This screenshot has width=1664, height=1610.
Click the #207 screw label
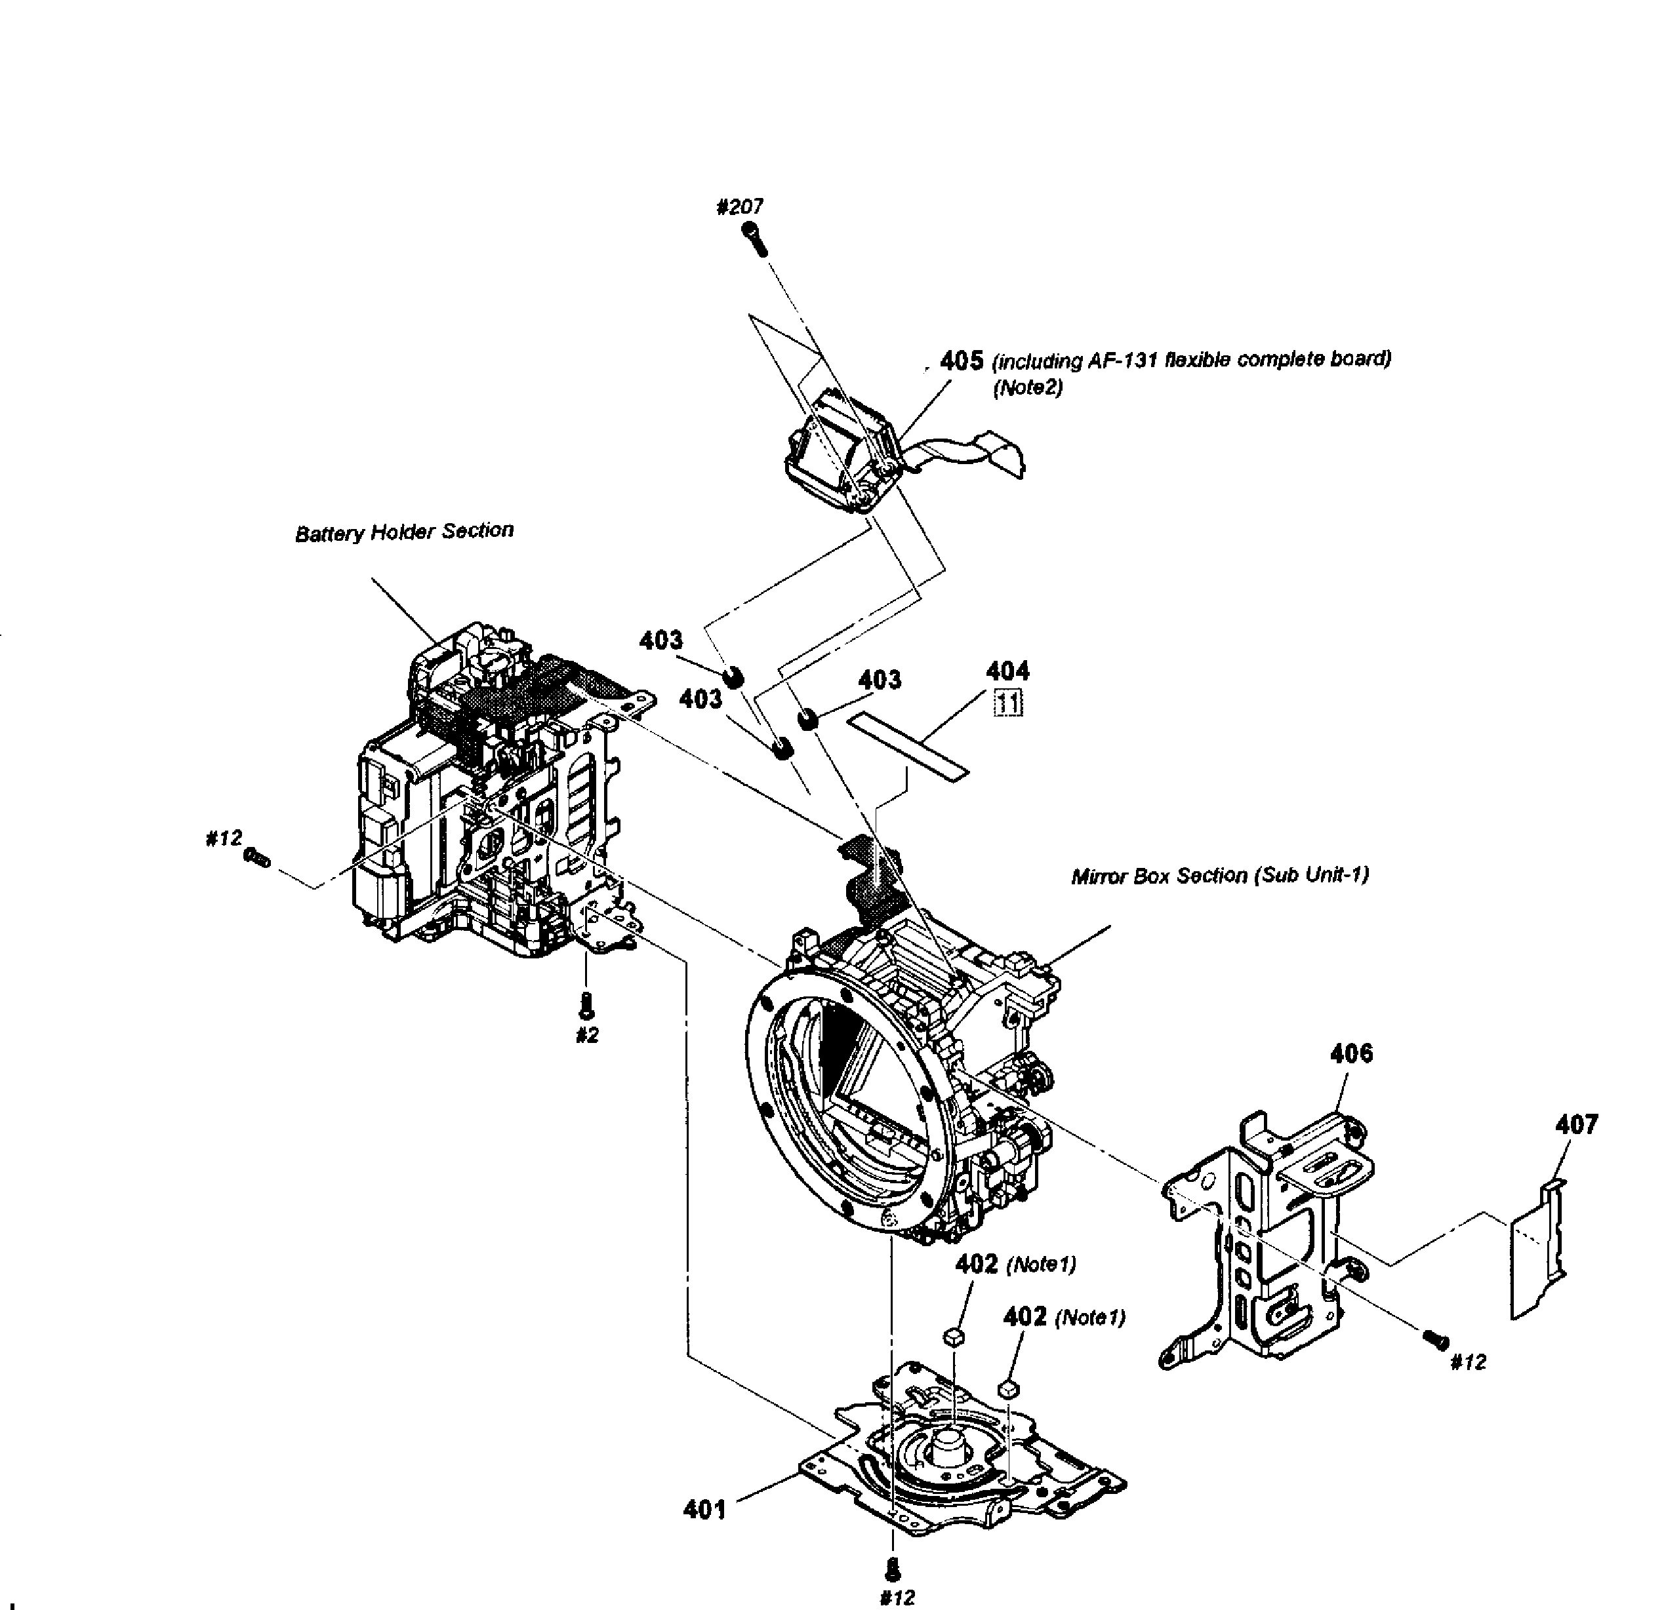pos(739,206)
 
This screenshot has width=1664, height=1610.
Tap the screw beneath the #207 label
pos(755,239)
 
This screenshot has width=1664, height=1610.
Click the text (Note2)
pos(1027,388)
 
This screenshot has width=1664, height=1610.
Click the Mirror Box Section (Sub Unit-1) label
pos(1219,875)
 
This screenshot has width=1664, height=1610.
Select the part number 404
pos(1007,671)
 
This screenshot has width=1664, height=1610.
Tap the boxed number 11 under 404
pos(1009,703)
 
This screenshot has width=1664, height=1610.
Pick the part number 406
pos(1350,1053)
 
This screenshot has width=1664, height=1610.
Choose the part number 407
pos(1575,1124)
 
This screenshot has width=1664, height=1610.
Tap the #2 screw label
pos(586,1036)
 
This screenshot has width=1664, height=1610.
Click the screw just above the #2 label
pos(586,1005)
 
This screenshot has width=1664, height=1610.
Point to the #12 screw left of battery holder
pos(257,859)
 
